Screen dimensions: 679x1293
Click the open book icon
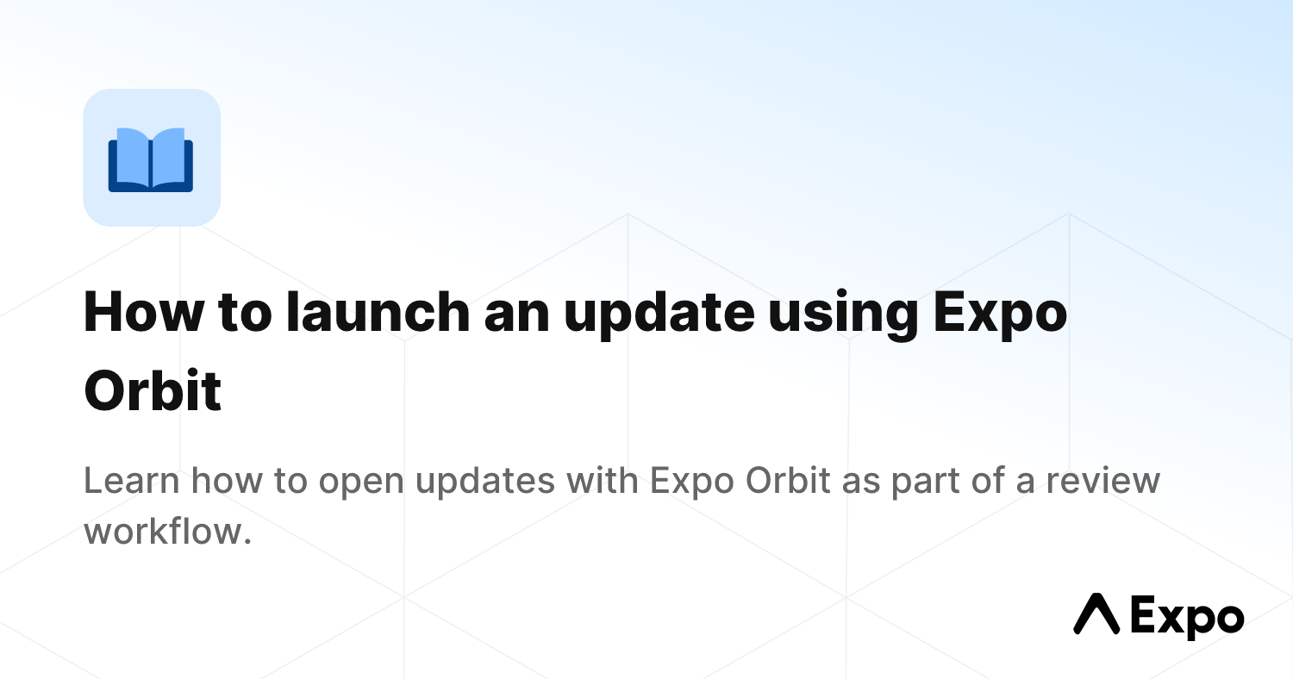[x=151, y=159]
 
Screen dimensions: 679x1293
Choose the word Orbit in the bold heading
[x=153, y=391]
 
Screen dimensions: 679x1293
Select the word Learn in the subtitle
[x=132, y=481]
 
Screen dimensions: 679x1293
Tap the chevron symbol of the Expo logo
[x=1095, y=614]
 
